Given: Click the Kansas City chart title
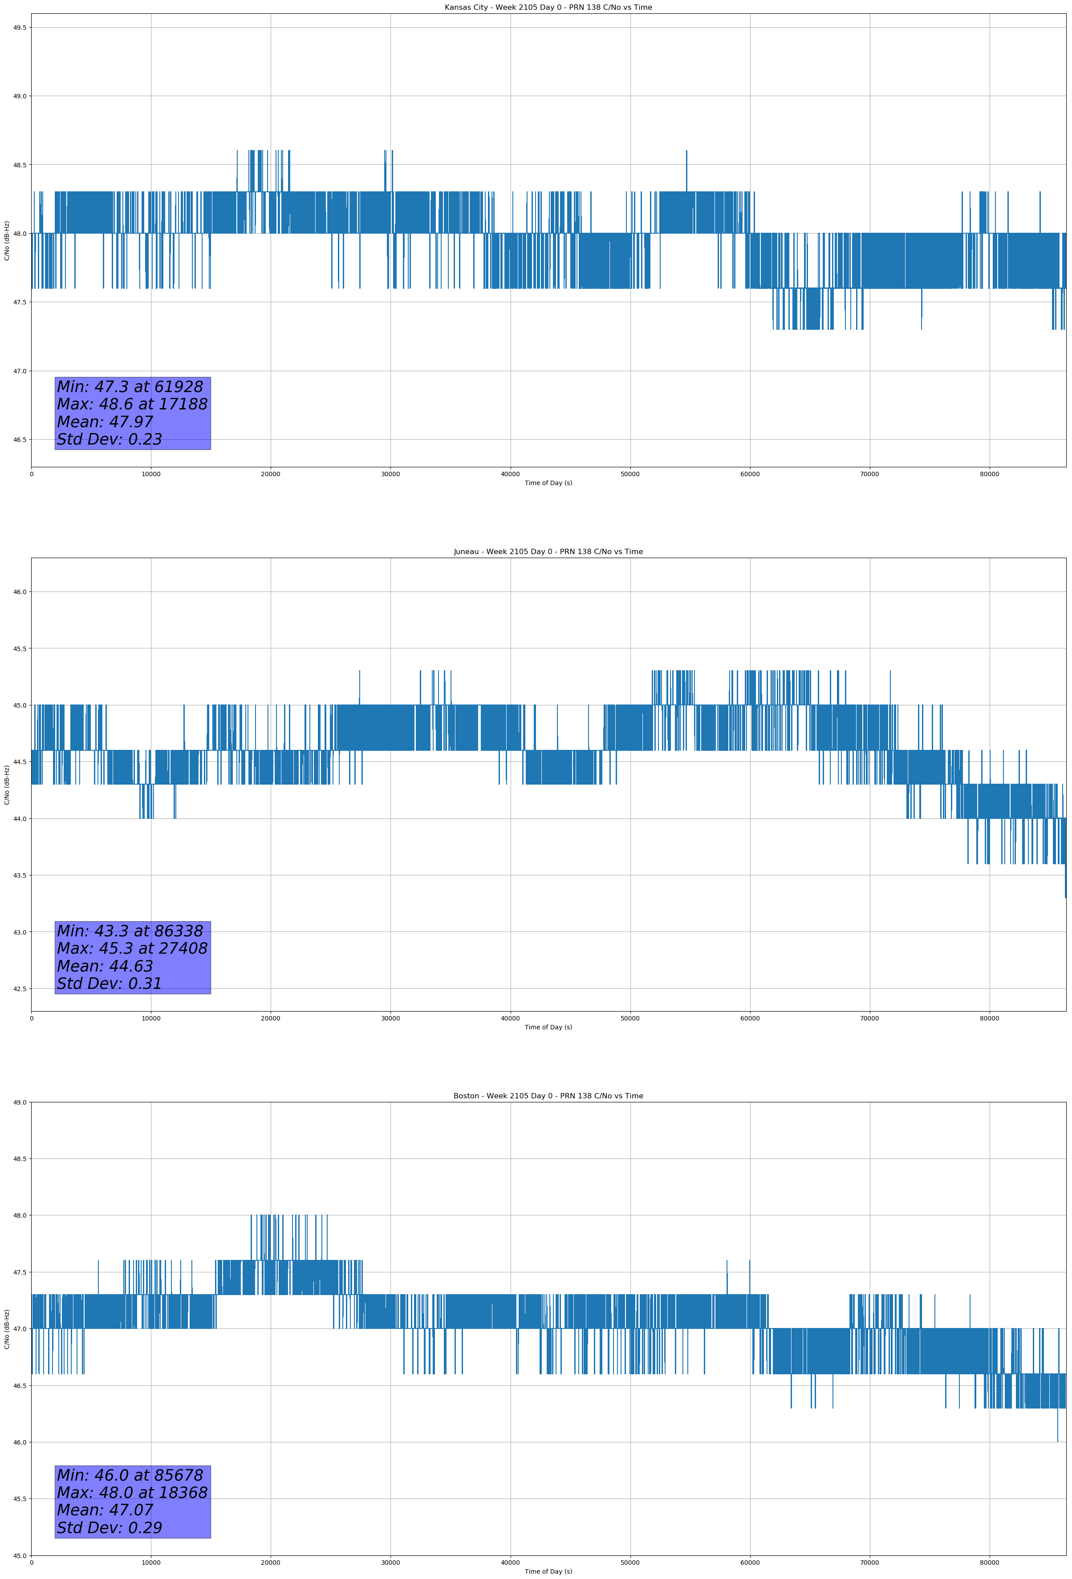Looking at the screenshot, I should (x=548, y=8).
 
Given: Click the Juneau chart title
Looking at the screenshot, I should (x=548, y=552).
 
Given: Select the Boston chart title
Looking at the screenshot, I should (x=548, y=1096).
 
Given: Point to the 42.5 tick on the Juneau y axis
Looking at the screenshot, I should (x=19, y=988).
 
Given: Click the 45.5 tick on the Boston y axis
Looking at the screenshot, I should (x=19, y=1499).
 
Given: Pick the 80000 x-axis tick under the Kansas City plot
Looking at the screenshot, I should (x=989, y=474).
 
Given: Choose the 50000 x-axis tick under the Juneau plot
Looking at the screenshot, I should (x=629, y=1018).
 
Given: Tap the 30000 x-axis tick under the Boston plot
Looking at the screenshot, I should (x=390, y=1563).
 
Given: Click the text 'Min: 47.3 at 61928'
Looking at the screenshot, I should (x=130, y=387).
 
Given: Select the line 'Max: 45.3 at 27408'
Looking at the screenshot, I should (x=132, y=948).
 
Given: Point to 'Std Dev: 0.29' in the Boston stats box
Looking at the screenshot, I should (x=110, y=1528).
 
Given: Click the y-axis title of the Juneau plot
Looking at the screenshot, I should (x=7, y=785).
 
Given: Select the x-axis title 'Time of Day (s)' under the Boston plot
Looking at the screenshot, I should (x=548, y=1571).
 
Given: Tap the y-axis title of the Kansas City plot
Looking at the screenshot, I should (x=7, y=240).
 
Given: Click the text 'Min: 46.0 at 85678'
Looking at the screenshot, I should (x=130, y=1475).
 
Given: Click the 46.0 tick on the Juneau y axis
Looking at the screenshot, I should (x=19, y=592).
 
